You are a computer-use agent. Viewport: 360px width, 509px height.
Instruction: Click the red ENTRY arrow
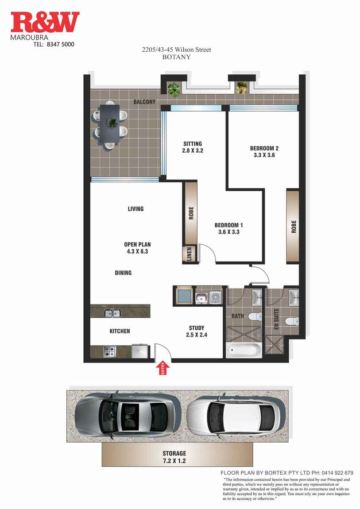pyautogui.click(x=163, y=368)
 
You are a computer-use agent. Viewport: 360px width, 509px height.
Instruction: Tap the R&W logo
pyautogui.click(x=45, y=23)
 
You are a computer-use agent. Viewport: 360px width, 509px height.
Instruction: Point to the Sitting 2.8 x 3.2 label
pyautogui.click(x=193, y=147)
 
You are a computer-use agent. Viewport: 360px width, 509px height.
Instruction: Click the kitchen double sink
pyautogui.click(x=112, y=313)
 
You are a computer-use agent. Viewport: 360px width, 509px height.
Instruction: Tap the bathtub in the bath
pyautogui.click(x=244, y=350)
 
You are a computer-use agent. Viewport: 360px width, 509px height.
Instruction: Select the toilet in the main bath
pyautogui.click(x=255, y=316)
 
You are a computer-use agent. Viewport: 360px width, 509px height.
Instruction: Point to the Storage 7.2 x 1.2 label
pyautogui.click(x=174, y=457)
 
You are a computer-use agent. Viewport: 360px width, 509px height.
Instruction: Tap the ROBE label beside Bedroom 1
pyautogui.click(x=191, y=213)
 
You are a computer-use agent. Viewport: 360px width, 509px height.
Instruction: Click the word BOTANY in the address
pyautogui.click(x=176, y=57)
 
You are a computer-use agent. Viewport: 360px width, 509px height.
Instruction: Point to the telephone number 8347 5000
pyautogui.click(x=60, y=44)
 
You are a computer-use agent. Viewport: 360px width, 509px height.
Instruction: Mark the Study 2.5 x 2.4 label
pyautogui.click(x=197, y=331)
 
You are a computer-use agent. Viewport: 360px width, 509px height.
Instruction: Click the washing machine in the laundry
pyautogui.click(x=215, y=297)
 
